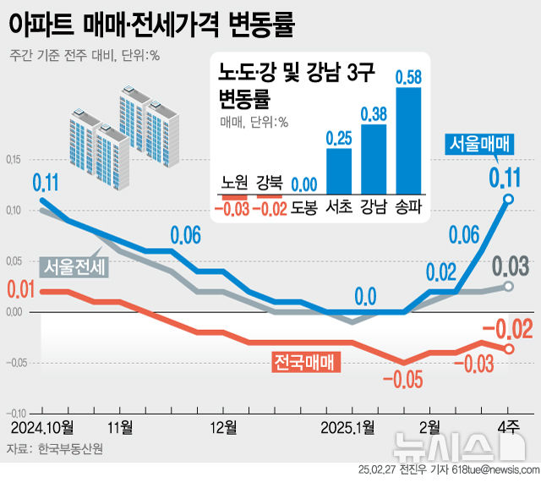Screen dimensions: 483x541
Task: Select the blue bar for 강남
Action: pos(374,159)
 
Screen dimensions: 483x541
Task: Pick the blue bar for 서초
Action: pos(338,171)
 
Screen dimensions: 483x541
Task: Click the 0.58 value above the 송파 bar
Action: pos(409,76)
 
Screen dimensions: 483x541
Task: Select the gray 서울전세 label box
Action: pos(73,268)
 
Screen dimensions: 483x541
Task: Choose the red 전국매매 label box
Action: pos(304,362)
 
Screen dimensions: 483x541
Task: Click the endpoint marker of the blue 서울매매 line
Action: pos(509,199)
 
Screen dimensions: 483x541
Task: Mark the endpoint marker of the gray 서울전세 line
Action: pos(509,286)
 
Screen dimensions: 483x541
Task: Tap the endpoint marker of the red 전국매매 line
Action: pos(509,348)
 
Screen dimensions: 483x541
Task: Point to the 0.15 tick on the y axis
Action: pos(14,160)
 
